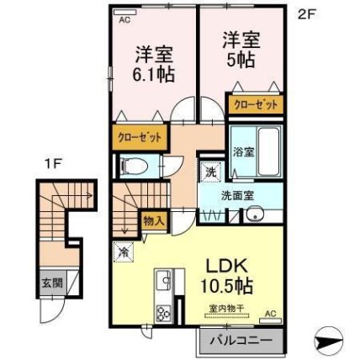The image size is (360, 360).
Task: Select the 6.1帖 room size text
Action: tap(154, 73)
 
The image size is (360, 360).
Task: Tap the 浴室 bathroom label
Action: tap(242, 151)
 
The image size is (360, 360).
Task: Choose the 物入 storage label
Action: tap(153, 220)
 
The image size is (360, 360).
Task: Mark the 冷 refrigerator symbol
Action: tap(124, 251)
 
